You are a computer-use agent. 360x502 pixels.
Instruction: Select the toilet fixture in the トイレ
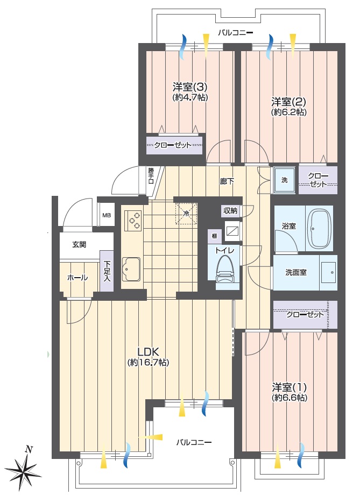click(x=225, y=271)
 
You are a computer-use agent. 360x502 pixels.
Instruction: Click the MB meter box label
click(x=107, y=215)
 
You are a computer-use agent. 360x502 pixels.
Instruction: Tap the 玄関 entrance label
click(x=79, y=245)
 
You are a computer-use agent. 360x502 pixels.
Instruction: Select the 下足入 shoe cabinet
click(x=107, y=271)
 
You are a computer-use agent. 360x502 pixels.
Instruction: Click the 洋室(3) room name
click(x=190, y=87)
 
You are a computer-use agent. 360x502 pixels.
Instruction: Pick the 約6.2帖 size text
click(x=289, y=112)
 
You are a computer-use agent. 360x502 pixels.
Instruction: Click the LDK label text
click(x=149, y=352)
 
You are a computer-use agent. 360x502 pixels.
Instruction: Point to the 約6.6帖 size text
click(x=290, y=398)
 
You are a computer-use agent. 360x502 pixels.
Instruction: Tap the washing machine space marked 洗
click(x=285, y=180)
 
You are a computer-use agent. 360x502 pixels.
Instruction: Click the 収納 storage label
click(x=230, y=211)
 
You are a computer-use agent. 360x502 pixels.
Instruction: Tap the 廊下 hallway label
click(x=227, y=181)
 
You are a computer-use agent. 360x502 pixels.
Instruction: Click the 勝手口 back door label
click(x=151, y=176)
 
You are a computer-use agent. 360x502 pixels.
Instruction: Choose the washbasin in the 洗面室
click(x=329, y=272)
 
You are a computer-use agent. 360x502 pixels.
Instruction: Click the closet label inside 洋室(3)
click(x=173, y=145)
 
